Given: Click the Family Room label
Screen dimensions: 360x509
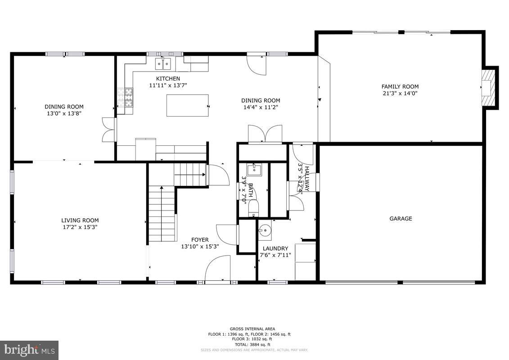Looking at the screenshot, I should point(400,86).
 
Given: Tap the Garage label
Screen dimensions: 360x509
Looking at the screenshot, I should point(401,219).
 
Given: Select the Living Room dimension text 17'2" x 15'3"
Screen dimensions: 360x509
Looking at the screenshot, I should point(80,227).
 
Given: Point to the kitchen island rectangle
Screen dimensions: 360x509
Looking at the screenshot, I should point(187,105).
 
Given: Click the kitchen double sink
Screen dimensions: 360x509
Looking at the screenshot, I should point(163,64).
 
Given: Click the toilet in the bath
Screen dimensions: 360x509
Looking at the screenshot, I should point(253,208).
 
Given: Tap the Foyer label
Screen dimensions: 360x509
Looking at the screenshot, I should point(200,240).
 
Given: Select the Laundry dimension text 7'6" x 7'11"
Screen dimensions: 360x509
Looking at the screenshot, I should point(275,255).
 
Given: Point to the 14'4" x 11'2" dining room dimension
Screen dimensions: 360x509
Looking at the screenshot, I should point(261,107).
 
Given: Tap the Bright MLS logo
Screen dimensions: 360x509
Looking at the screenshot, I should point(29,350).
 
